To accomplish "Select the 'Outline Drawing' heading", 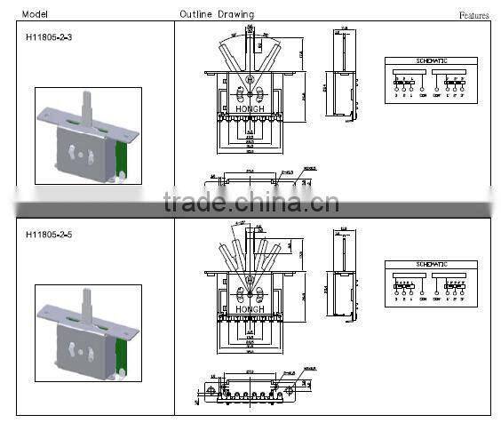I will click(216, 14).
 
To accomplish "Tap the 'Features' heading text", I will click(473, 15).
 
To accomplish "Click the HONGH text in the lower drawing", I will click(250, 308).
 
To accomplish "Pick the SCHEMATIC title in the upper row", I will click(431, 60).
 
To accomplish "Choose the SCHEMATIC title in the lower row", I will click(431, 266).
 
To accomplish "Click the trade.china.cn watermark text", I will click(251, 204).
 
